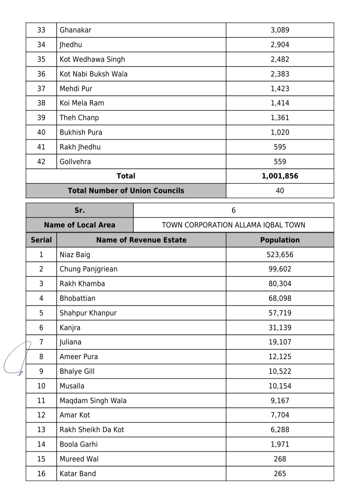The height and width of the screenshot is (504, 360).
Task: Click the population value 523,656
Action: (280, 255)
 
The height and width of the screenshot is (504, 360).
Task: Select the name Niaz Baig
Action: (75, 255)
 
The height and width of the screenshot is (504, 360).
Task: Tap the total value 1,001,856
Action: (280, 176)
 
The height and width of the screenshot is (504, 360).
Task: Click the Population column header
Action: (280, 240)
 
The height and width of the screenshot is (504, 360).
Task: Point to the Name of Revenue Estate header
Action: (141, 240)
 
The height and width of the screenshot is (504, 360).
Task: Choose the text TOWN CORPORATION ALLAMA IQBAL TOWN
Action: (233, 225)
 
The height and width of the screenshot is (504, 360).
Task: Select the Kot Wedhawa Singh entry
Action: (92, 59)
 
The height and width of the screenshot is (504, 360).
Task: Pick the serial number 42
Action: (41, 162)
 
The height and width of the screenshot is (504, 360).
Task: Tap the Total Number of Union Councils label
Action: (126, 191)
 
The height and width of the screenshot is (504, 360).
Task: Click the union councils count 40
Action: (280, 191)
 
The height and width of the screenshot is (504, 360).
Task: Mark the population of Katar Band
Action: (280, 474)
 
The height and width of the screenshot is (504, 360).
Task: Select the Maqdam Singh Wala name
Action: (93, 401)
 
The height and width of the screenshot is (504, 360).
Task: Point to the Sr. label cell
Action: (79, 210)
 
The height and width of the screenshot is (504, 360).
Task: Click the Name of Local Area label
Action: (79, 225)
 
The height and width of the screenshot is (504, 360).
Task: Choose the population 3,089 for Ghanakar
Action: (280, 30)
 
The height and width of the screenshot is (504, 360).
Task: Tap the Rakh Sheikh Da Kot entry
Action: (92, 430)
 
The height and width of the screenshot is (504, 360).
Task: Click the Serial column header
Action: (41, 240)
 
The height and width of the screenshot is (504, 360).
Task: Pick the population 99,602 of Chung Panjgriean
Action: (280, 269)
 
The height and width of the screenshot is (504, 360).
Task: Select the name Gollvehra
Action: (75, 162)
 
